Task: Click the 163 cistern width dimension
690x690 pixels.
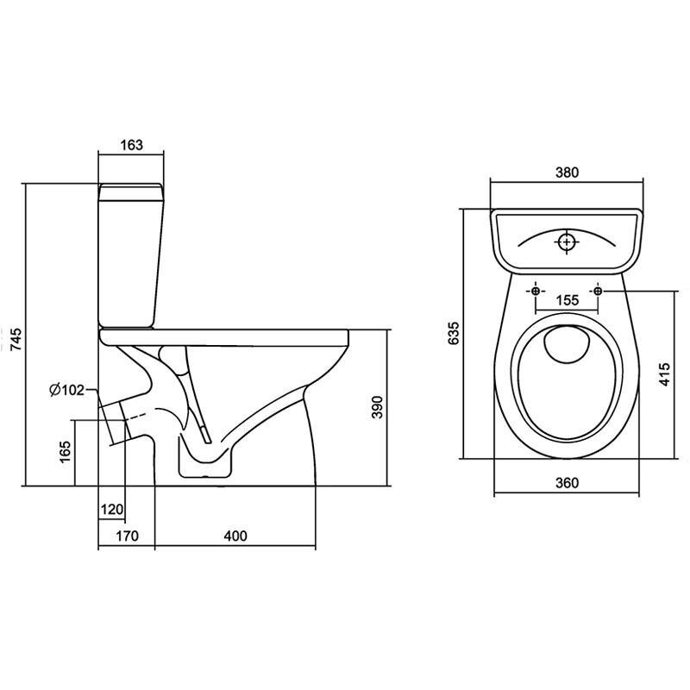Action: coord(131,145)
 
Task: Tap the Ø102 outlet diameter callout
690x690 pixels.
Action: coord(66,390)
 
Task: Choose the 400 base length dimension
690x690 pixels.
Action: coord(235,536)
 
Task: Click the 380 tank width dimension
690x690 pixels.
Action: coord(566,172)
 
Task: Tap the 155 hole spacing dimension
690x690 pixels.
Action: coord(566,300)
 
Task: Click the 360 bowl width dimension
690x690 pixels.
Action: coord(566,483)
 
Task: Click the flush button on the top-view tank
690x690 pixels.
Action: coord(567,241)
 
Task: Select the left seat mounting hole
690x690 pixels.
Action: coord(536,292)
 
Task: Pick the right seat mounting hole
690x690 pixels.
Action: coord(597,292)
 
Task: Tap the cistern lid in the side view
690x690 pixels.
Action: coord(131,190)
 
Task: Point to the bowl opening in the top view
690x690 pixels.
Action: coord(567,379)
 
